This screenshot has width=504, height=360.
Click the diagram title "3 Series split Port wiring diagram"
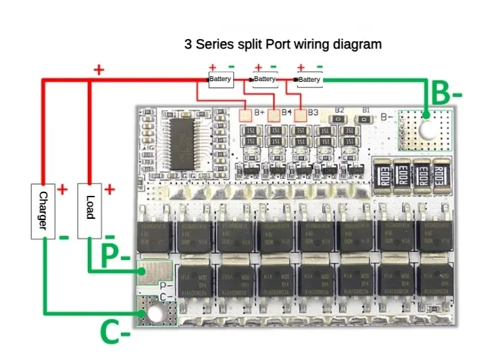[x=283, y=45]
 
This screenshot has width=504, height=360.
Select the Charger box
[x=42, y=211]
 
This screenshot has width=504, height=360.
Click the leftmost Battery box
[x=220, y=80]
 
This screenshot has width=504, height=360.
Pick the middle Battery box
[x=265, y=80]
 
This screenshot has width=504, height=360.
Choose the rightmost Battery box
[x=309, y=80]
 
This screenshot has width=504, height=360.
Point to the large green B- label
[x=447, y=95]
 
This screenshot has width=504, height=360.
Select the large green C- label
[x=116, y=332]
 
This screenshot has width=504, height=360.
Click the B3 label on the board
[x=312, y=112]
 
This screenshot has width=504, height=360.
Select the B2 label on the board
[x=339, y=109]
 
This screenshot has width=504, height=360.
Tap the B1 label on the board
[x=366, y=109]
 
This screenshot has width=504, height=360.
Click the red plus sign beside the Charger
[x=62, y=190]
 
